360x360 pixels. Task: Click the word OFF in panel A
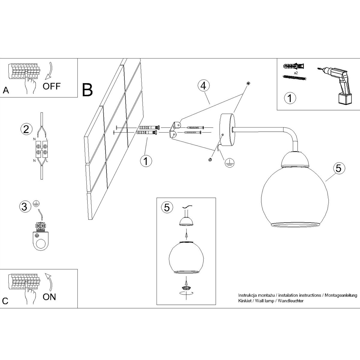tap(52, 86)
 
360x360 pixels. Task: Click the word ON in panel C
tap(49, 297)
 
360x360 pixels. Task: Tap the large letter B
tap(87, 90)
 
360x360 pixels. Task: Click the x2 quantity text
tap(296, 73)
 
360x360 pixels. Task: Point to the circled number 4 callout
tap(204, 86)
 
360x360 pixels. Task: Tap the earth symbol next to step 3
tap(36, 203)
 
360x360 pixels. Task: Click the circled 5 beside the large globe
tap(339, 169)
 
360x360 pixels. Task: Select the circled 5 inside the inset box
tap(167, 207)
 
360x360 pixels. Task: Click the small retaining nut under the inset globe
tap(186, 293)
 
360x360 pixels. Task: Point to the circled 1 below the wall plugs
tap(146, 161)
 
